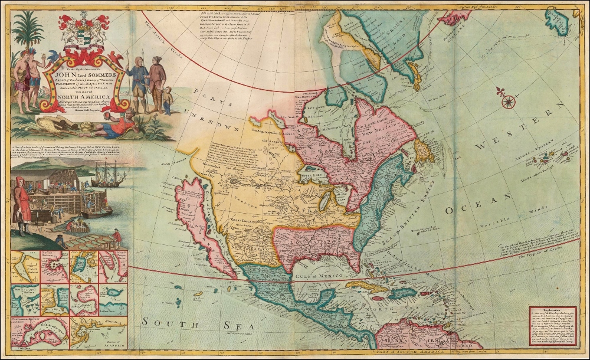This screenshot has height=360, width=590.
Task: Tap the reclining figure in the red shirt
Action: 116,126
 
